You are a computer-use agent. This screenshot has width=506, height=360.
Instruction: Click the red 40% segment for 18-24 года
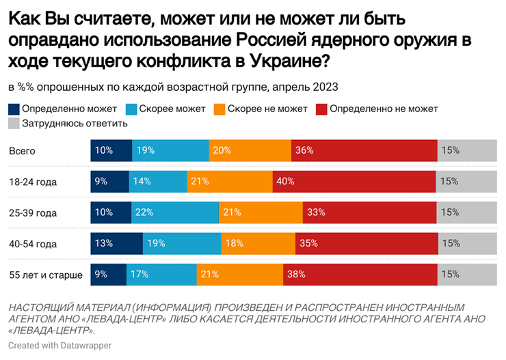point(354,182)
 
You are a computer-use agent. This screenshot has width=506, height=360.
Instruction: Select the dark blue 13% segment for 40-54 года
point(116,244)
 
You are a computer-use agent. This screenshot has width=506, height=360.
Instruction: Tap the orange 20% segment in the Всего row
point(250,150)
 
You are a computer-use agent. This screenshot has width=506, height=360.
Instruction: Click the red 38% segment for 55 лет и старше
point(361,275)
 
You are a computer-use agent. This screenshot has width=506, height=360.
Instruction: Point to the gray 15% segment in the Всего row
point(467,150)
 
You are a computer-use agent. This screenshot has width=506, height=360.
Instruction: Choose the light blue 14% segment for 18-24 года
point(157,182)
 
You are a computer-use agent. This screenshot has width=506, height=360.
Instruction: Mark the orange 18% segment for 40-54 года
point(258,244)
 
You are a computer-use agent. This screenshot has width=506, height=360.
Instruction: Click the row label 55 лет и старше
point(46,275)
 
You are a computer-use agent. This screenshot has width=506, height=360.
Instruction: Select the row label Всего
point(21,151)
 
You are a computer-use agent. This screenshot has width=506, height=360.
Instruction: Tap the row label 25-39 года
point(33,213)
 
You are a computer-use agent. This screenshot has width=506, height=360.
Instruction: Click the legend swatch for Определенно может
point(14,109)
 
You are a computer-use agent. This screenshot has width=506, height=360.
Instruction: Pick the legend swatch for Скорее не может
point(219,109)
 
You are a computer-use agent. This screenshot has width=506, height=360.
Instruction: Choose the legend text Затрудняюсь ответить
point(75,124)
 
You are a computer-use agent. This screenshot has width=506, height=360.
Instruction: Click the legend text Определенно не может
point(383,109)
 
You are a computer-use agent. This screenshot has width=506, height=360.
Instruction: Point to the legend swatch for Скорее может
point(131,109)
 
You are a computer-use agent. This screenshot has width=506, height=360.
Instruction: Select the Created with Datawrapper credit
point(60,346)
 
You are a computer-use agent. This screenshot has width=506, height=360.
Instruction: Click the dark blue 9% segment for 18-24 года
point(109,182)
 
